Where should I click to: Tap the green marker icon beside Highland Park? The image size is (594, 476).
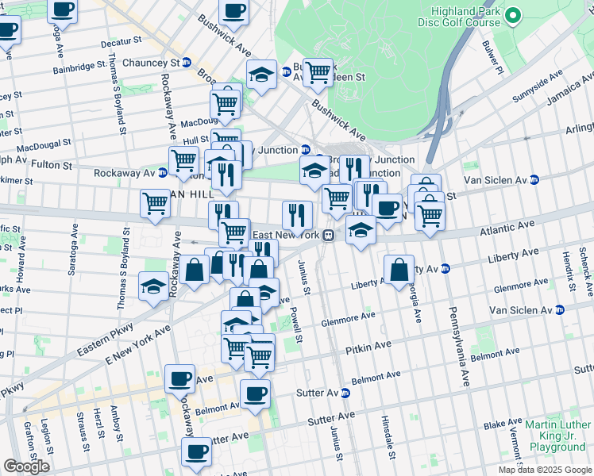tap(514, 15)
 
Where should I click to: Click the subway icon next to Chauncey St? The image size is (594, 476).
tap(187, 63)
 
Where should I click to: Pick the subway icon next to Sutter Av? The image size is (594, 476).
tap(345, 393)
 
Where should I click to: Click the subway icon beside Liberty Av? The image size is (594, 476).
tap(446, 268)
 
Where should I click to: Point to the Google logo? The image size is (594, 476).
tap(26, 466)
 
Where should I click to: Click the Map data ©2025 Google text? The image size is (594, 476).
tap(546, 470)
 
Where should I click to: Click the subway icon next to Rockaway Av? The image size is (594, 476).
tap(162, 172)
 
